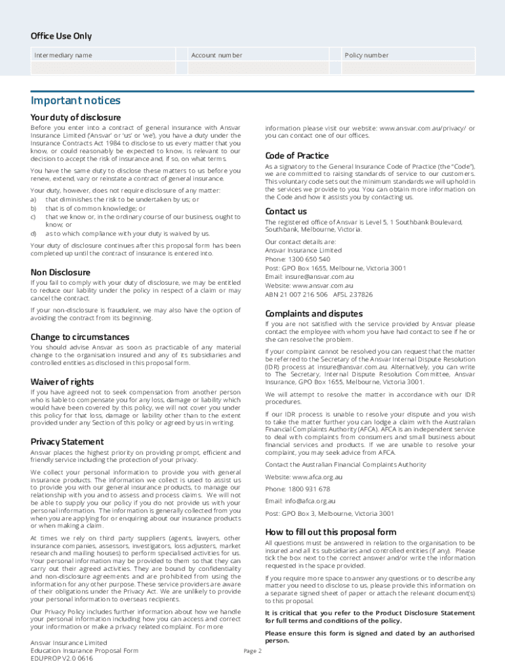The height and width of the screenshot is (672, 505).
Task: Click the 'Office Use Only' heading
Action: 61,36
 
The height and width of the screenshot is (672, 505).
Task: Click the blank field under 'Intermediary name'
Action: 103,68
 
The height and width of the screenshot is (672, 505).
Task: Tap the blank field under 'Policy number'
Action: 409,68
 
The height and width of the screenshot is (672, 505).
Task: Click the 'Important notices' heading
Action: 75,100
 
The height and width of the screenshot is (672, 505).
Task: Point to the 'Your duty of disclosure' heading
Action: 75,117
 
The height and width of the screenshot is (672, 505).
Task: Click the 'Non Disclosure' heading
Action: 60,272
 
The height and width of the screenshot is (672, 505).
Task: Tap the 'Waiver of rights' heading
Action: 62,382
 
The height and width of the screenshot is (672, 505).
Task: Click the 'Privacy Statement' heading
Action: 67,442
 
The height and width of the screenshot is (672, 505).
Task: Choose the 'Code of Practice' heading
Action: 297,156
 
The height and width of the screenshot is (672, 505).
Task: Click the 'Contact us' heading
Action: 286,211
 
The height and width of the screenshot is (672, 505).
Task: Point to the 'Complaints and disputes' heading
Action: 313,313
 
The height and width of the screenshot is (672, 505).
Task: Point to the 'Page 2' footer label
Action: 253,651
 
